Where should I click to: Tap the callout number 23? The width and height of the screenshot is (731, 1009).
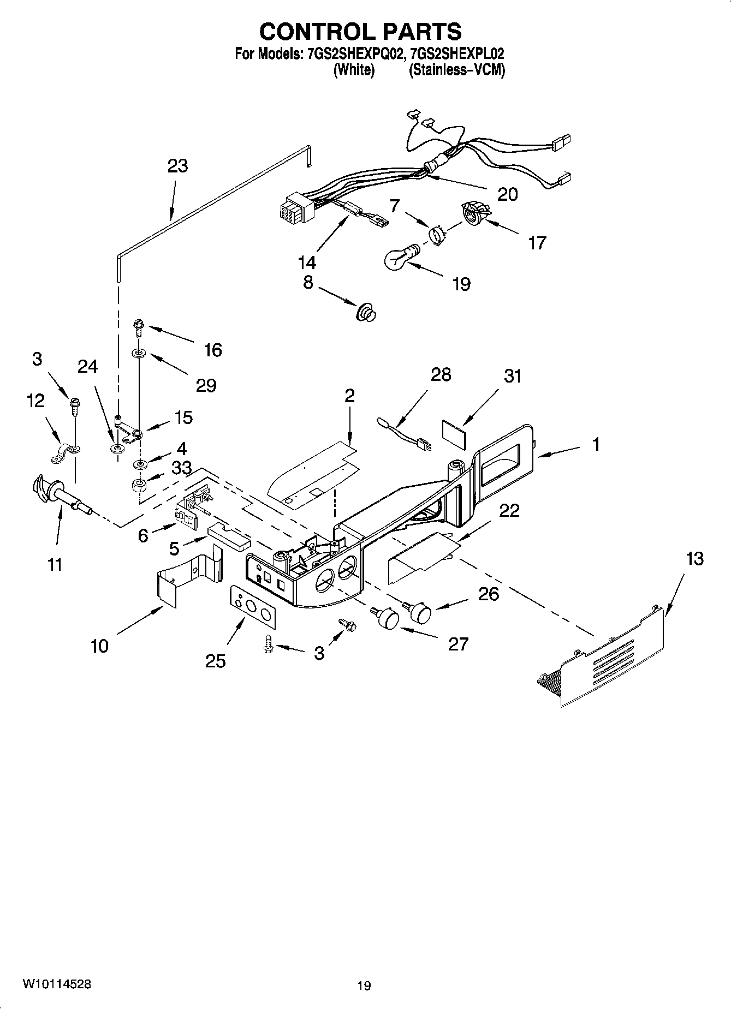(x=178, y=166)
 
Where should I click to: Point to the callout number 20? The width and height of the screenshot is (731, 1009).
(x=508, y=194)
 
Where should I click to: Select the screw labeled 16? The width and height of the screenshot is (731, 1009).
(x=138, y=328)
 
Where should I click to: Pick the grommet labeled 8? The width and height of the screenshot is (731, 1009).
(x=365, y=313)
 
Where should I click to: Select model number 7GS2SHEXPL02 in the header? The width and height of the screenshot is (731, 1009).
(x=459, y=54)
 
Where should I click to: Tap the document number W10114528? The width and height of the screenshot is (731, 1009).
(x=57, y=984)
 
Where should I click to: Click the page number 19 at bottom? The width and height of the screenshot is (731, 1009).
(x=364, y=986)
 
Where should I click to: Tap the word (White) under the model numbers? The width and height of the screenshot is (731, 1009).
(x=354, y=70)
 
